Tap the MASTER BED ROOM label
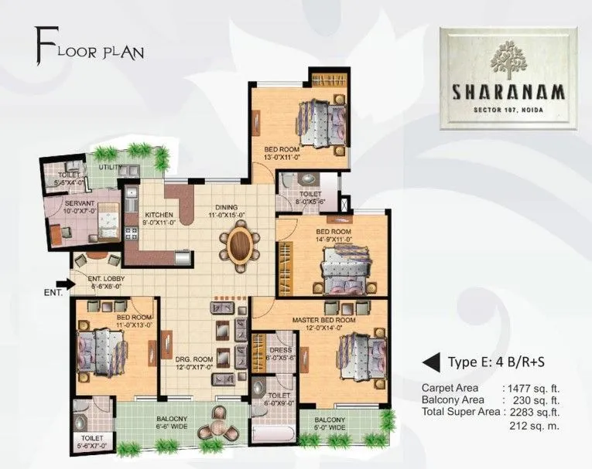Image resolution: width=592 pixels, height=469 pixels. (323, 319)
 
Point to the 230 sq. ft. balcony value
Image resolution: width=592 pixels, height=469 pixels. (534, 400)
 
